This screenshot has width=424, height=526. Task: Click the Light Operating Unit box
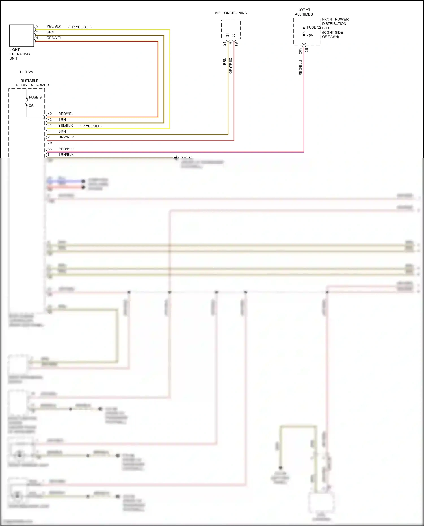21,36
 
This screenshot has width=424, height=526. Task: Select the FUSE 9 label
35,97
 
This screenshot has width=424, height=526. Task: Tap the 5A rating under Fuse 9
31,105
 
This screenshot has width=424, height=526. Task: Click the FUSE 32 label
314,27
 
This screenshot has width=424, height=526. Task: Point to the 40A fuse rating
310,36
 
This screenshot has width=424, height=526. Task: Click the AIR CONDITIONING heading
231,13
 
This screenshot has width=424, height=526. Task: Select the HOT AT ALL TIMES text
304,12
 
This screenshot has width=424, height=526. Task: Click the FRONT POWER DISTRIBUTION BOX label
335,24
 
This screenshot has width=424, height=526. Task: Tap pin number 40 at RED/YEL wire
50,114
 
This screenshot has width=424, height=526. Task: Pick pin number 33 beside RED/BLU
50,149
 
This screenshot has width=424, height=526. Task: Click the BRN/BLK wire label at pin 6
66,155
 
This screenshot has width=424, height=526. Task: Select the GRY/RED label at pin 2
66,137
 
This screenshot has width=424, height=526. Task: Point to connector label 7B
50,143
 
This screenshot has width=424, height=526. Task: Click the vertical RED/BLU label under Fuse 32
300,68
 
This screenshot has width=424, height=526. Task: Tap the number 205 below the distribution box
300,51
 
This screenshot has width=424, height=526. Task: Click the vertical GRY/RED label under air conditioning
230,66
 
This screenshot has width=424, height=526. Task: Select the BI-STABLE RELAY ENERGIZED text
32,83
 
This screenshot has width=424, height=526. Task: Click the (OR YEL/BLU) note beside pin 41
90,126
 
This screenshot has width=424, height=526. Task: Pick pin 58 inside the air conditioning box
233,35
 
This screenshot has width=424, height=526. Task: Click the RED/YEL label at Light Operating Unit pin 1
54,38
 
